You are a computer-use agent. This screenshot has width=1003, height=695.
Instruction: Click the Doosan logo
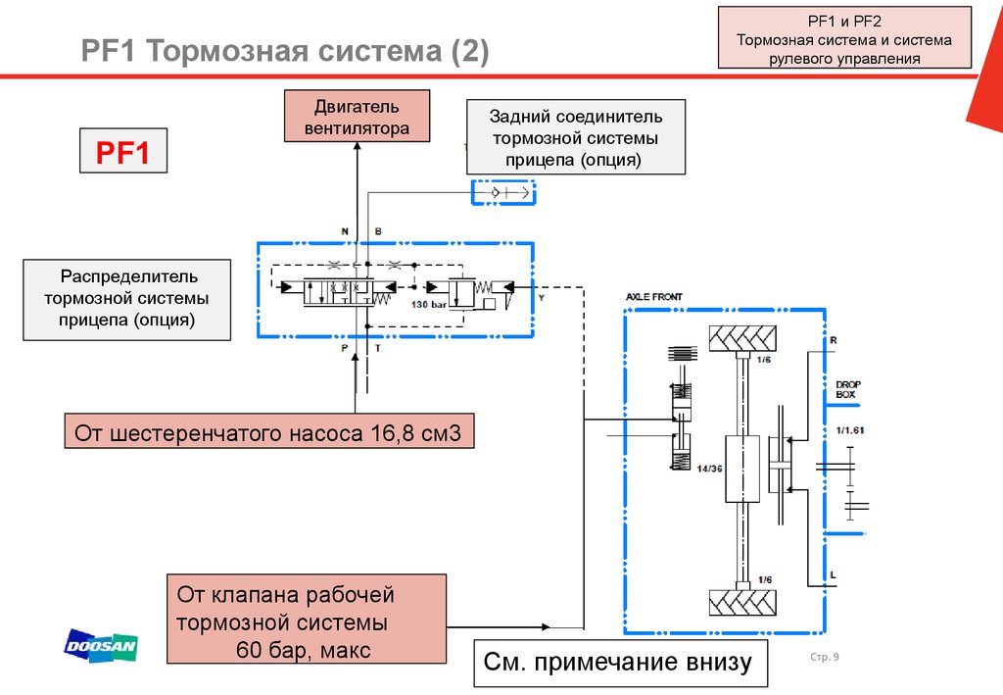click(101, 646)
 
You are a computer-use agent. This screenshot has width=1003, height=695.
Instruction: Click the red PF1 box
click(122, 153)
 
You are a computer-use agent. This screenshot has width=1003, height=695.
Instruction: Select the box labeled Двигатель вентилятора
click(356, 116)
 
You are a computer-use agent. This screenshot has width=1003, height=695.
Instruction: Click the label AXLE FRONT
click(654, 296)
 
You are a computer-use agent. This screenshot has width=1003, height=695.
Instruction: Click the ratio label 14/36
click(710, 469)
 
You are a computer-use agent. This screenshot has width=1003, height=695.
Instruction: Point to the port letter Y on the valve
click(541, 294)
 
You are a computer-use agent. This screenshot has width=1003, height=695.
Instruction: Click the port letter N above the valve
click(345, 231)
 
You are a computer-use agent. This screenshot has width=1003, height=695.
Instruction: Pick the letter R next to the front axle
click(834, 339)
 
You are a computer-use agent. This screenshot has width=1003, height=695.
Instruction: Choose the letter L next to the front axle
click(833, 575)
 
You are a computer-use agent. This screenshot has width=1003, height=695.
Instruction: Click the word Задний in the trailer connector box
click(525, 117)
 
